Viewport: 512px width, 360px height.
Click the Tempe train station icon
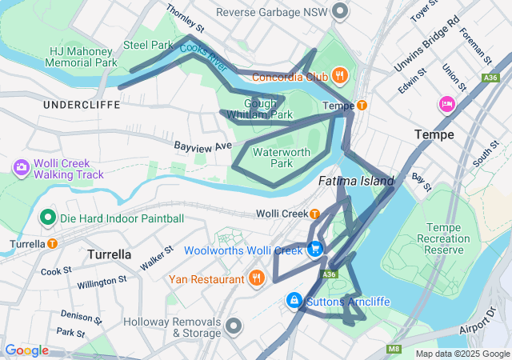362,106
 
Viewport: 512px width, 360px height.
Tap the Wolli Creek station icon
315,214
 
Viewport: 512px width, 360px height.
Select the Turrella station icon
52,243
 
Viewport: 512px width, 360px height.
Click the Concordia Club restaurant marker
340,77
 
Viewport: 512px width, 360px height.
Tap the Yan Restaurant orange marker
256,279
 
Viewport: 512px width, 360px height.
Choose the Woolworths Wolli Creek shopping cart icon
316,250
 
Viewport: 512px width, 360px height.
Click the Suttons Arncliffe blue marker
294,301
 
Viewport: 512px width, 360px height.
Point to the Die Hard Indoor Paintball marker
47,218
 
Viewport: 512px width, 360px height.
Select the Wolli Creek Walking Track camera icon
21,167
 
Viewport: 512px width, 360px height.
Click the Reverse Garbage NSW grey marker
341,12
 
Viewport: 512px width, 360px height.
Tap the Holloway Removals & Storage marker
234,326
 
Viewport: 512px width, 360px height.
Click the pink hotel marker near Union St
446,103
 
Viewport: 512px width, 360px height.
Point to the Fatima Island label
356,182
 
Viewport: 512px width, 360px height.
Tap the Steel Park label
147,45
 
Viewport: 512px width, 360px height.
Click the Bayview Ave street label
202,146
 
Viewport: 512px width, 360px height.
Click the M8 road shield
394,349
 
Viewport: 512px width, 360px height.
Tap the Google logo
26,350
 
